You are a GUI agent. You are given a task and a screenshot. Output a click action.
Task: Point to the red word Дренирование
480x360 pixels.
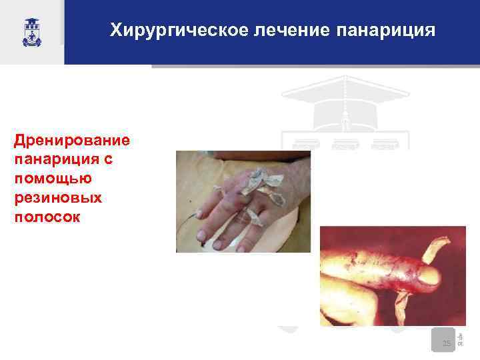pos(71,141)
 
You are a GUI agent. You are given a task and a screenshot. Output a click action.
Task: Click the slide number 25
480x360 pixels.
pos(446,343)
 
